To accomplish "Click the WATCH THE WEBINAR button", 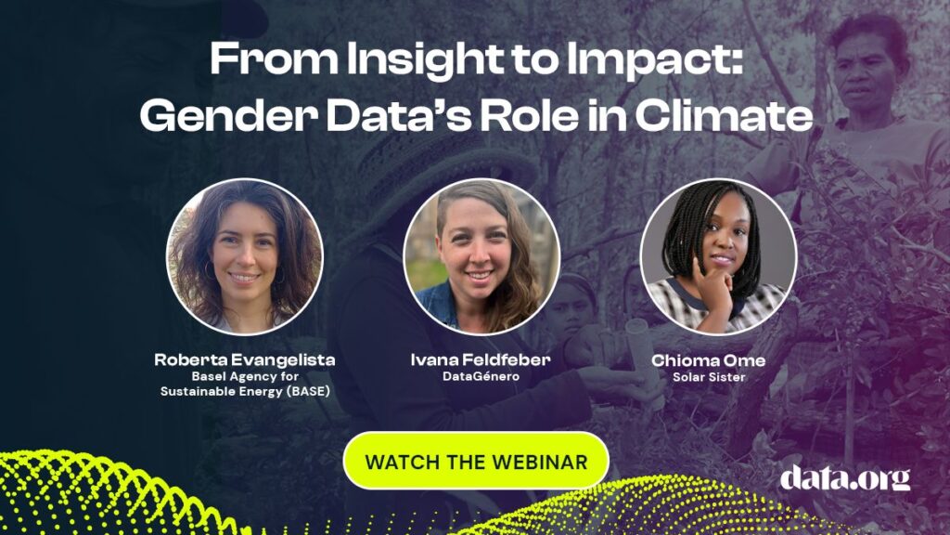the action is pos(476,461).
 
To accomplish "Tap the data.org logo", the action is pos(844,477).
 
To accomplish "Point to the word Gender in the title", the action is pos(228,115).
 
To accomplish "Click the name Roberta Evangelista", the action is pos(245,359).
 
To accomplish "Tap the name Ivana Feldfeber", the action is pos(481,359).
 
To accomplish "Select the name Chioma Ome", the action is pos(708,360).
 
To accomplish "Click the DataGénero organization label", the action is pos(481,377).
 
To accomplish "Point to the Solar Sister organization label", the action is pos(709,377).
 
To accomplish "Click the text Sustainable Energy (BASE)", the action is pos(245,391).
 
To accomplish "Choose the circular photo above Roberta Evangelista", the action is pos(245,256).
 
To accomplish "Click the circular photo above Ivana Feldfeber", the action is pos(481,256).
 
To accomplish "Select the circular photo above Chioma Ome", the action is pos(719,256).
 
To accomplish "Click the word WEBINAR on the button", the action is pos(540,463).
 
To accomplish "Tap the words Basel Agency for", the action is pos(245,376).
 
